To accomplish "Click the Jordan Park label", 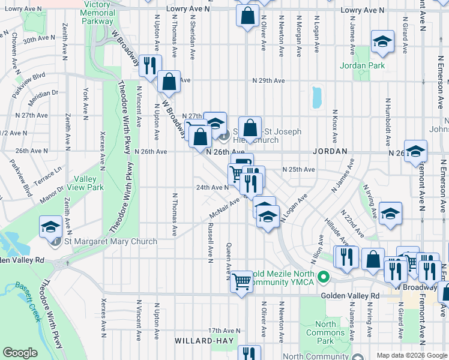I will [363, 65].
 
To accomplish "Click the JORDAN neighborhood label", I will [330, 151].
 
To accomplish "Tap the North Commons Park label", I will [325, 332].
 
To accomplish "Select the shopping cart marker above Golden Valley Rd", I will [241, 280].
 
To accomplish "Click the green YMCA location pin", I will [324, 277].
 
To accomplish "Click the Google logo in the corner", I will [20, 353].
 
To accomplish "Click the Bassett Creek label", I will [26, 302].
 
